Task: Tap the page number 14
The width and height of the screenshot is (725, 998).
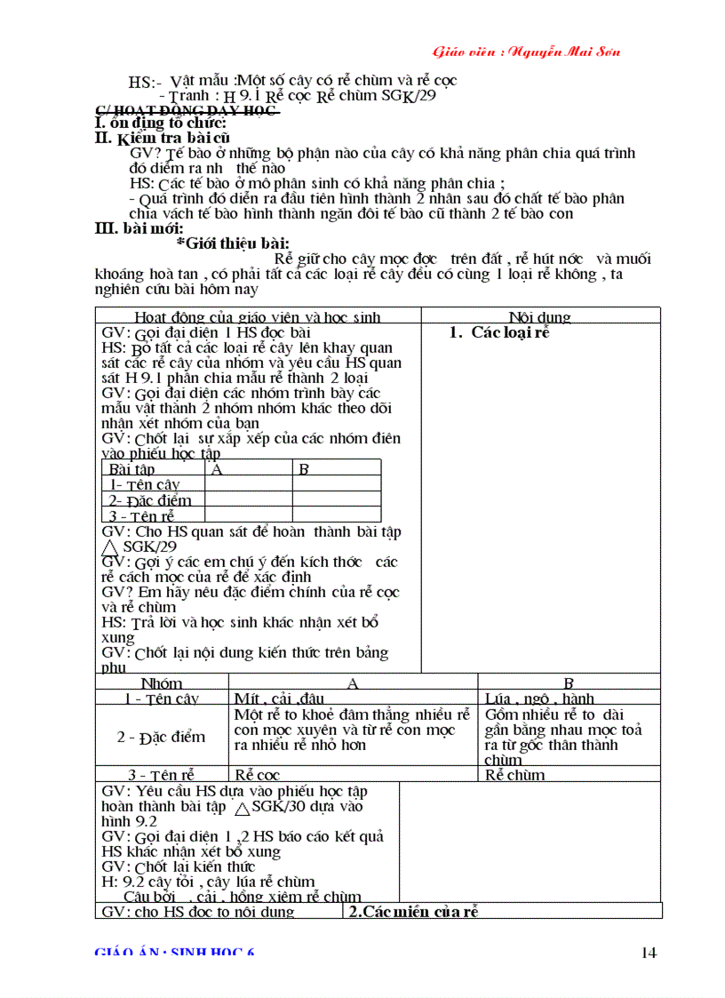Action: pos(648,953)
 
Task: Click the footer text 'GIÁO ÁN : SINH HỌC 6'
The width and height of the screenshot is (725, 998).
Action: pos(175,953)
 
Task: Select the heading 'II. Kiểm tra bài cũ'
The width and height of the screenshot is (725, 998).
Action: pos(163,138)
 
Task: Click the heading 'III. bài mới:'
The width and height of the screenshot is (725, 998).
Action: pos(139,228)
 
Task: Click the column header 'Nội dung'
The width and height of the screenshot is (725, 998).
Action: pos(539,317)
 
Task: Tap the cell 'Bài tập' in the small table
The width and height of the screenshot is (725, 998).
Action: pos(131,468)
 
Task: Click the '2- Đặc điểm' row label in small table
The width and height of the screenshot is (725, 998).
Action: pos(149,499)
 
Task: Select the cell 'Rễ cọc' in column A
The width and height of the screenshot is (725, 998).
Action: pos(257,775)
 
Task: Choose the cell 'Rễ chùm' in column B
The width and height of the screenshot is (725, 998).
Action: pos(515,775)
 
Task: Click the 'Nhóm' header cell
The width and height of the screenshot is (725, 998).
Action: pos(162,683)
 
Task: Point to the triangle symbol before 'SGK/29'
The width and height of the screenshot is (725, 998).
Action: pos(111,547)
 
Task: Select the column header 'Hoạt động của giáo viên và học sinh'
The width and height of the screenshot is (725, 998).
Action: pos(258,317)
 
